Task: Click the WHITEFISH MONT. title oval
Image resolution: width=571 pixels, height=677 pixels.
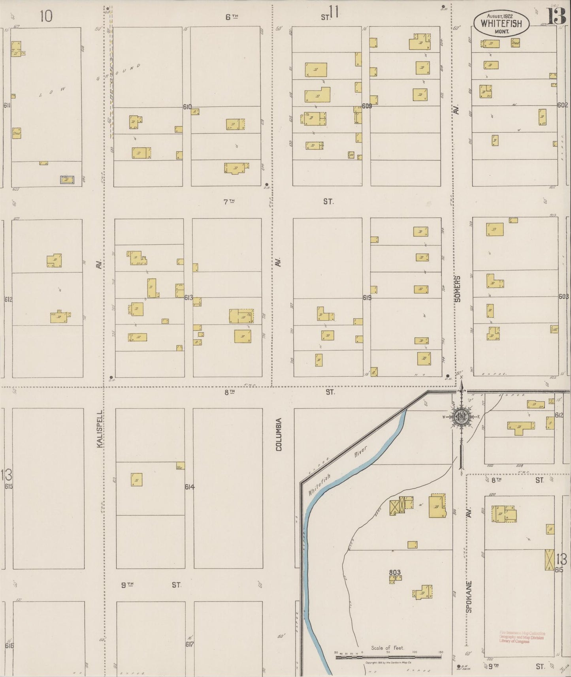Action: pyautogui.click(x=501, y=23)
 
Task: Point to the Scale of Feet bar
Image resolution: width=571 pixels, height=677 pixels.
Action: pyautogui.click(x=388, y=657)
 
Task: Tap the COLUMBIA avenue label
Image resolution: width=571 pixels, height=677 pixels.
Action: pyautogui.click(x=279, y=434)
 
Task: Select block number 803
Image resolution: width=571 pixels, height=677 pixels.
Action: pyautogui.click(x=395, y=572)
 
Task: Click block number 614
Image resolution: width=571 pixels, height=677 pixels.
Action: pyautogui.click(x=190, y=487)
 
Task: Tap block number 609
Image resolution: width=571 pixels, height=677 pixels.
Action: pyautogui.click(x=367, y=106)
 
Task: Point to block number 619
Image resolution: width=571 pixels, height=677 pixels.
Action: pyautogui.click(x=367, y=298)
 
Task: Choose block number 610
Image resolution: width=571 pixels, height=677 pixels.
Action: pyautogui.click(x=187, y=107)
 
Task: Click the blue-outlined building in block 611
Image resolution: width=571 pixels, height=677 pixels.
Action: pyautogui.click(x=67, y=180)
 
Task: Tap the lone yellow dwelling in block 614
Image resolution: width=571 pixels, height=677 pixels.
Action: pyautogui.click(x=136, y=480)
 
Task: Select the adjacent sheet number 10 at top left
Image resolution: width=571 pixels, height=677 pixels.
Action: pyautogui.click(x=46, y=16)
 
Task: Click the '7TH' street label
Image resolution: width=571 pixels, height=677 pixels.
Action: pyautogui.click(x=229, y=201)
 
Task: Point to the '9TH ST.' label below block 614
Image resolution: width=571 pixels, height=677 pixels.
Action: pyautogui.click(x=151, y=585)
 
